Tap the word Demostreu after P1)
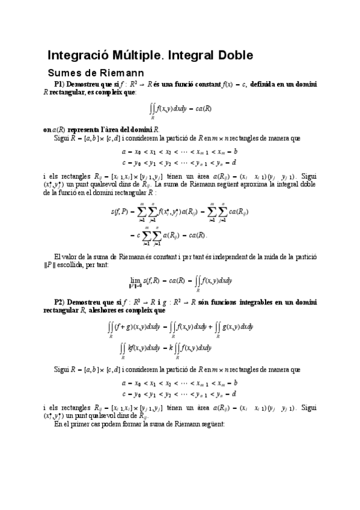click(x=93, y=84)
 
